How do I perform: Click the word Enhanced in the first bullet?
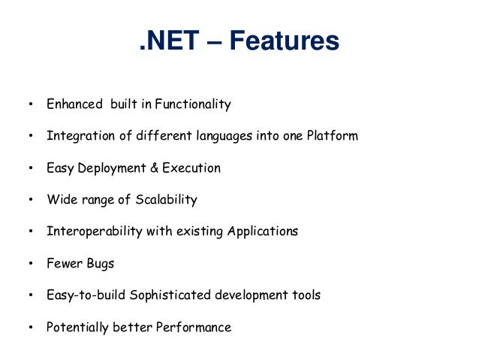pyautogui.click(x=74, y=104)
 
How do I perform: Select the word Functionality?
pyautogui.click(x=193, y=104)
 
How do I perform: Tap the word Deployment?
pyautogui.click(x=109, y=168)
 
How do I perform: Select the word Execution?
pyautogui.click(x=191, y=168)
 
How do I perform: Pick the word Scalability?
pyautogui.click(x=167, y=200)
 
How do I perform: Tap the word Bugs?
pyautogui.click(x=102, y=264)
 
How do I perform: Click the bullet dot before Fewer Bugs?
pyautogui.click(x=30, y=264)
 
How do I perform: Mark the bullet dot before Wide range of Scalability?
pyautogui.click(x=30, y=201)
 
